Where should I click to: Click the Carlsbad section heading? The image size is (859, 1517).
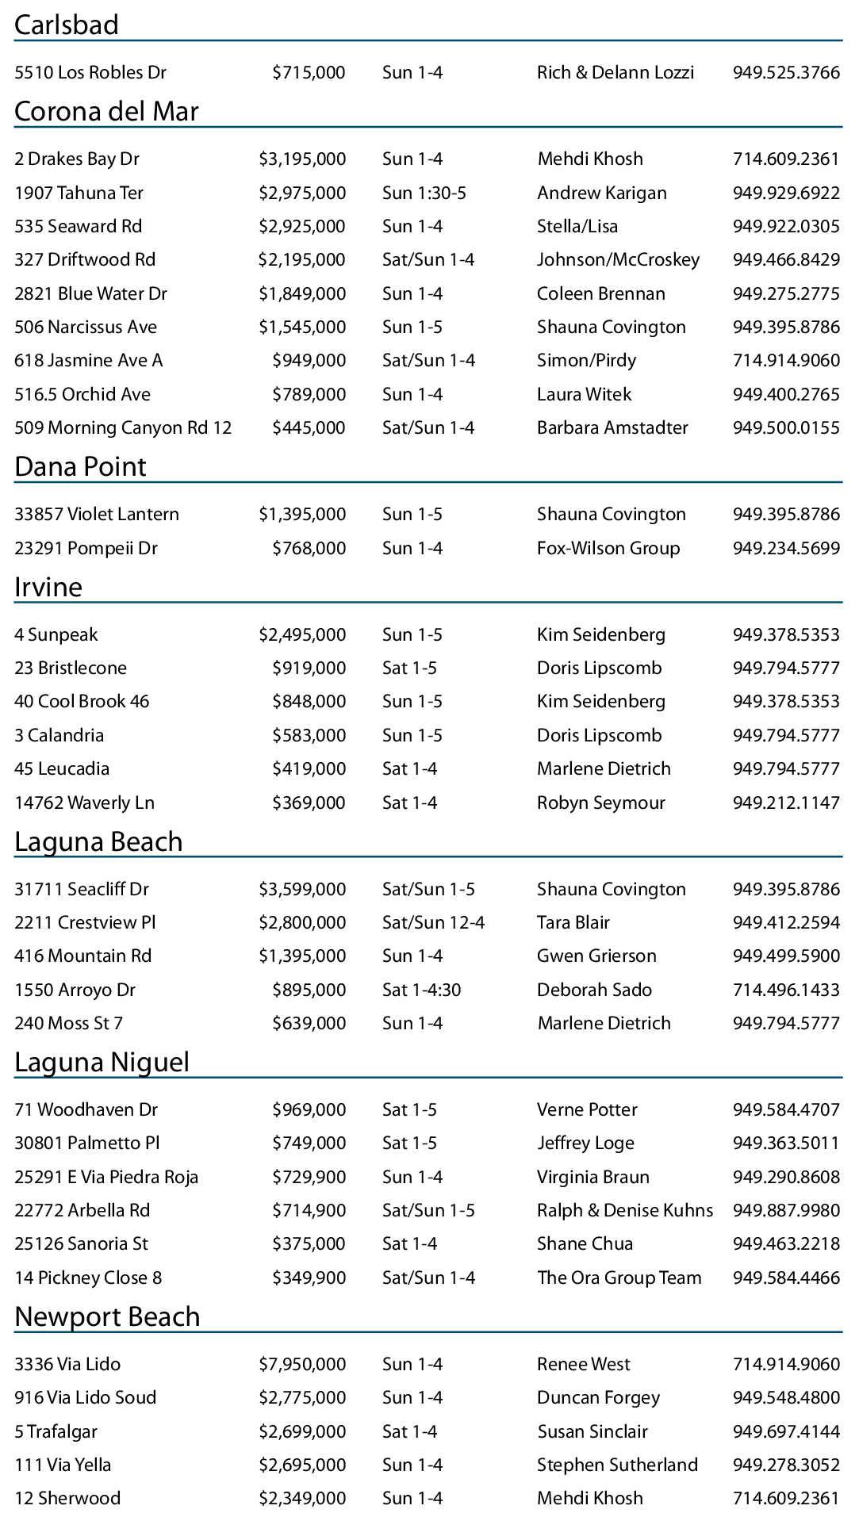67,25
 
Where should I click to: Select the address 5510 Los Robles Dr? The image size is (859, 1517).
90,72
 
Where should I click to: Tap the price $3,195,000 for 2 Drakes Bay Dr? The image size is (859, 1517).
302,159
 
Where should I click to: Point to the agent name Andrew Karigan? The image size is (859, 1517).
602,193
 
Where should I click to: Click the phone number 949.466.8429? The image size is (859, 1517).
786,259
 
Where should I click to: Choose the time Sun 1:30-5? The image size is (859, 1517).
424,193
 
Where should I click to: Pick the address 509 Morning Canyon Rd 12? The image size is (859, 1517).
123,427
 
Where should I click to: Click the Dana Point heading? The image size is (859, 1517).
80,466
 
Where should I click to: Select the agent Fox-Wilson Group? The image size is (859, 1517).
608,548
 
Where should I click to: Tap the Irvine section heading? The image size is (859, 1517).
48,587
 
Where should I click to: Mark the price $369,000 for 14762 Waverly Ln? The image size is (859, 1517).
309,803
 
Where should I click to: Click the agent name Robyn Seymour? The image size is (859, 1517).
601,803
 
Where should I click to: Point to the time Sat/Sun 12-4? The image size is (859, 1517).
433,922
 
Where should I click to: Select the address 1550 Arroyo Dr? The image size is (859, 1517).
75,990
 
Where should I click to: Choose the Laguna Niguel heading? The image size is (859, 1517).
102,1062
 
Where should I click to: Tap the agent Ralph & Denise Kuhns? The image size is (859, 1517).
625,1210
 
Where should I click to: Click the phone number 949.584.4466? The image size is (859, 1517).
786,1278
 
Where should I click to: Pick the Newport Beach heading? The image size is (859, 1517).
107,1316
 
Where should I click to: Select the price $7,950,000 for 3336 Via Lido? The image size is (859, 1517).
302,1364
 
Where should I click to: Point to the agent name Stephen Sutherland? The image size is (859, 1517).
617,1465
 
